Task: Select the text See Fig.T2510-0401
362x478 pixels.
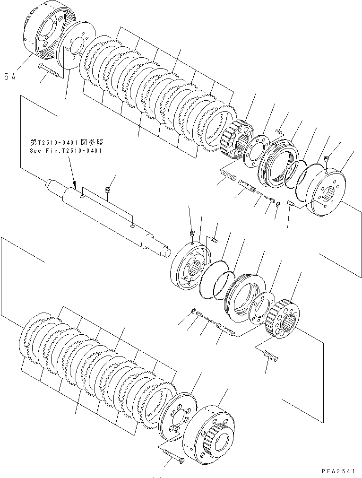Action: click(66, 151)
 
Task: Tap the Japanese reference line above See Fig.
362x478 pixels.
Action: click(67, 142)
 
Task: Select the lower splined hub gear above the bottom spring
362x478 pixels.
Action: click(282, 320)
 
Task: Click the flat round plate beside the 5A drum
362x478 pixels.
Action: click(73, 47)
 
